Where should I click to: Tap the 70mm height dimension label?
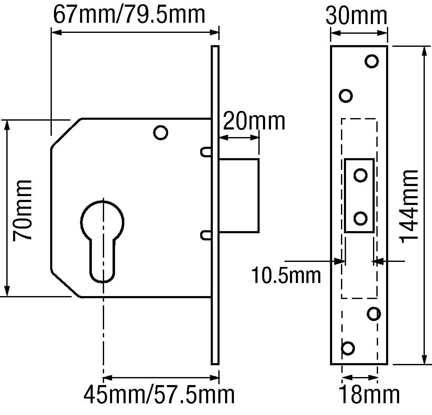[x=23, y=210]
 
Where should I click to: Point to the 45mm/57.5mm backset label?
[x=159, y=395]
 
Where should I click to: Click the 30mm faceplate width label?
[x=357, y=16]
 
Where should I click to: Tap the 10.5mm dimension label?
[x=286, y=275]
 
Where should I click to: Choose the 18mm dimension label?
[x=369, y=395]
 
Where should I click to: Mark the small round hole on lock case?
[x=161, y=132]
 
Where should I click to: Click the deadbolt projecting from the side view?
[x=239, y=196]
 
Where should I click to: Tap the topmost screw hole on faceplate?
[x=372, y=61]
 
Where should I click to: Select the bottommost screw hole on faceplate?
[x=348, y=348]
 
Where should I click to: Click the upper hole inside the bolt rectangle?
[x=360, y=175]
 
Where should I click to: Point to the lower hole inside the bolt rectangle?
[x=360, y=218]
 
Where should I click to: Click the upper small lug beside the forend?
[x=206, y=152]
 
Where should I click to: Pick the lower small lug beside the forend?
[x=206, y=234]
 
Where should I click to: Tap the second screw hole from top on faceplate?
[x=346, y=96]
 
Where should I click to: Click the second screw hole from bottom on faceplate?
[x=374, y=313]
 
